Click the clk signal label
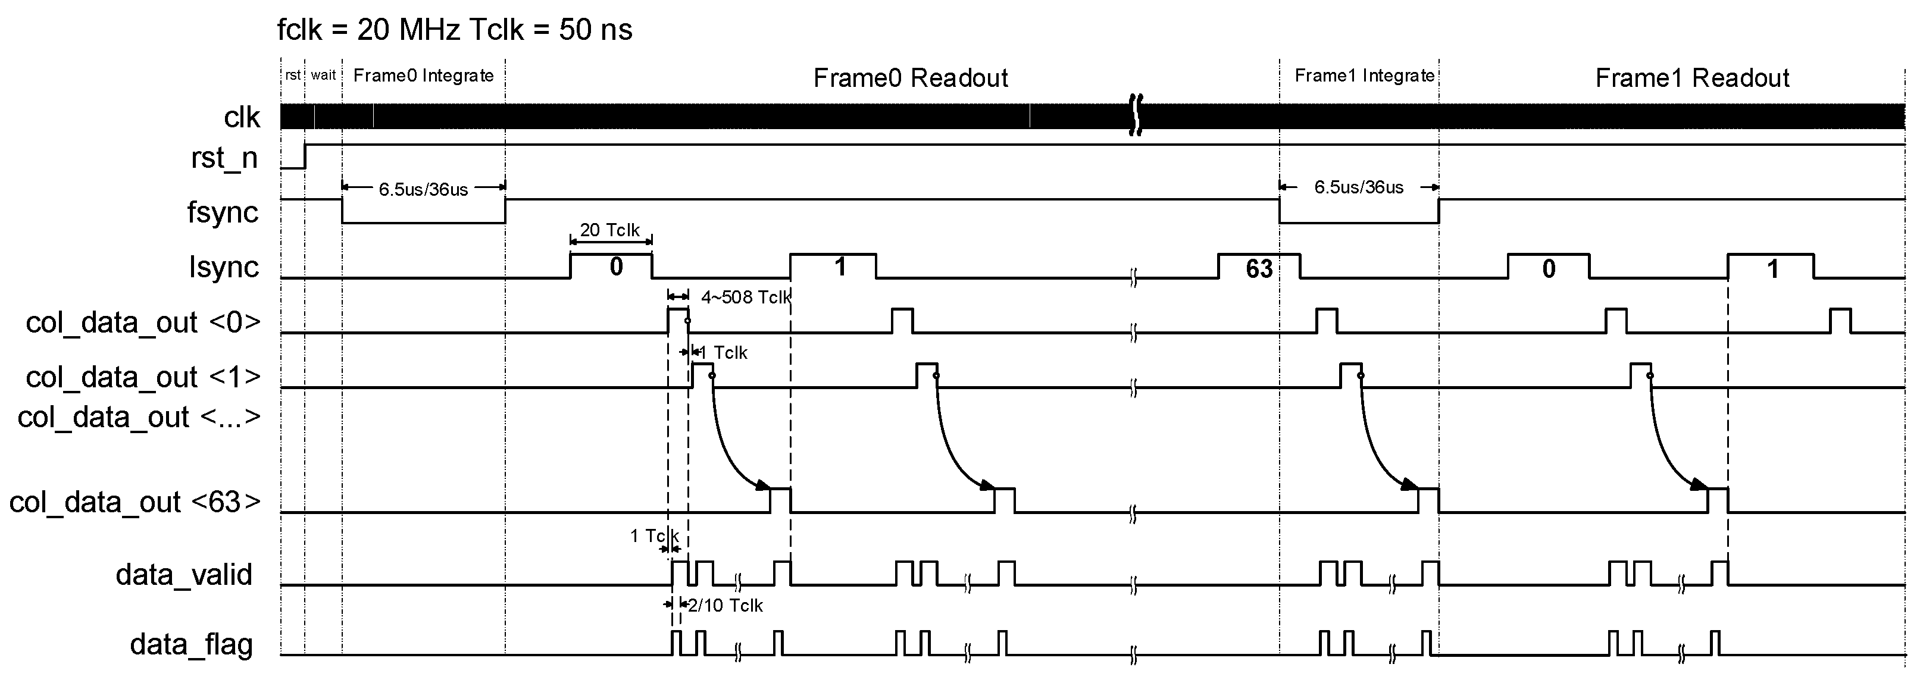(242, 118)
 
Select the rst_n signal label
(224, 158)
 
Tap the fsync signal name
(223, 212)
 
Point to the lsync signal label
(224, 267)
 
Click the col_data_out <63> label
(135, 502)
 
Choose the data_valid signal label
(184, 574)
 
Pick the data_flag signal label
(192, 644)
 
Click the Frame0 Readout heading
(910, 77)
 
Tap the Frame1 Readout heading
(1692, 77)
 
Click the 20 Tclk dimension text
(609, 230)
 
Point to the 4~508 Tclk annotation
(745, 297)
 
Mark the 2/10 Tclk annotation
(726, 606)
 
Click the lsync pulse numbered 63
(1259, 268)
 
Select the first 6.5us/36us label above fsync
(423, 189)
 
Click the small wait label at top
(324, 75)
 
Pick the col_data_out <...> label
(139, 417)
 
